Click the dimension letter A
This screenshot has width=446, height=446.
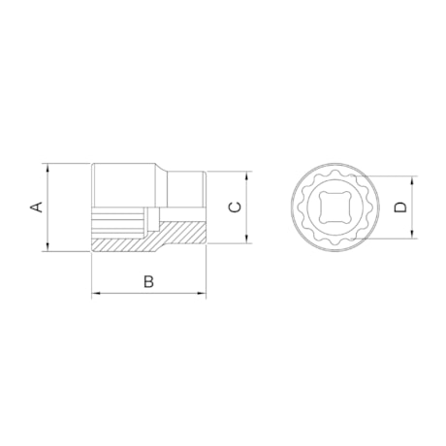(x=36, y=207)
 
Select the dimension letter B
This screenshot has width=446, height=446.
(x=147, y=281)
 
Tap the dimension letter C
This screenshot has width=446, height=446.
(x=233, y=207)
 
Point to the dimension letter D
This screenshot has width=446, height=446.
(x=398, y=207)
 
